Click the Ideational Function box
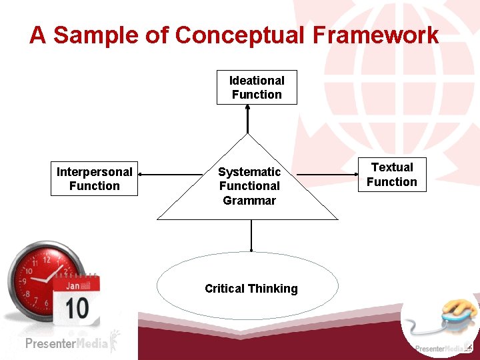257,87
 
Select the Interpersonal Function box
94,179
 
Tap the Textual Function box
392,175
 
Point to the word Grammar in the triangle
249,200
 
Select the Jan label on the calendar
73,285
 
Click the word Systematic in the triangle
249,172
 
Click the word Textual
392,167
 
